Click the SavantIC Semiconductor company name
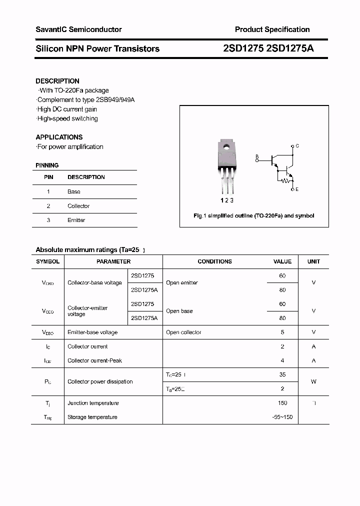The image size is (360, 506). (78, 29)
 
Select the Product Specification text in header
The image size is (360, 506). (272, 29)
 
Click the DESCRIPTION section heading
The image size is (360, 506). (57, 81)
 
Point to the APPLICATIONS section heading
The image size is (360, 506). (59, 137)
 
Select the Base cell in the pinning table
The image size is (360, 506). (74, 191)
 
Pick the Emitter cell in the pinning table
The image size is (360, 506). (76, 220)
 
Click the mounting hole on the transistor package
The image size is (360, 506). (226, 147)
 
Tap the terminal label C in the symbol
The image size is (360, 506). (297, 146)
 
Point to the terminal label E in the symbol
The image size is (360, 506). (297, 189)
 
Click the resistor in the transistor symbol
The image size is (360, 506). (286, 180)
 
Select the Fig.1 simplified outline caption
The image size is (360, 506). (253, 215)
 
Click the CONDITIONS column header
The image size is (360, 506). (214, 261)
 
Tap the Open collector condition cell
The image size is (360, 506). (183, 332)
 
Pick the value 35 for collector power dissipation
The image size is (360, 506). (282, 374)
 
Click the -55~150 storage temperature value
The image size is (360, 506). (282, 417)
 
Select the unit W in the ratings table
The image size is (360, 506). (313, 381)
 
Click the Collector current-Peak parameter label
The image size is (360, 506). (94, 360)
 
